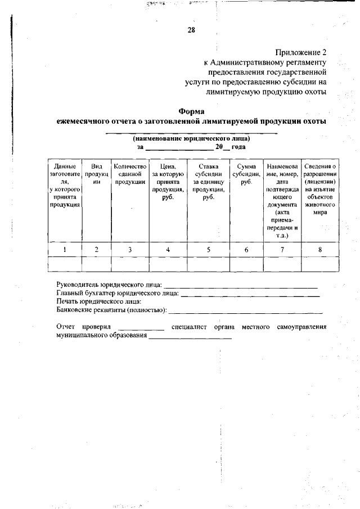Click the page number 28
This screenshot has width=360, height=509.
point(191,30)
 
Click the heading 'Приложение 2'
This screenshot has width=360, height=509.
point(301,51)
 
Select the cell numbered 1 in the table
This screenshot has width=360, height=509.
point(65,250)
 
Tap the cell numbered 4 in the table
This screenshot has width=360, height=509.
point(168,250)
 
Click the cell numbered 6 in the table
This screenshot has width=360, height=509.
point(246,250)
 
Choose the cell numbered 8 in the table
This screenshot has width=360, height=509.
point(319,250)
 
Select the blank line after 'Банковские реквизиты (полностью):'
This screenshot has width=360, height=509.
point(246,311)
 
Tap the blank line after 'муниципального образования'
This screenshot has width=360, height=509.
point(190,337)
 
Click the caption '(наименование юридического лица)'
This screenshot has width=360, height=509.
point(191,138)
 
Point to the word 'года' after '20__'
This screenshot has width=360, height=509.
point(239,147)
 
